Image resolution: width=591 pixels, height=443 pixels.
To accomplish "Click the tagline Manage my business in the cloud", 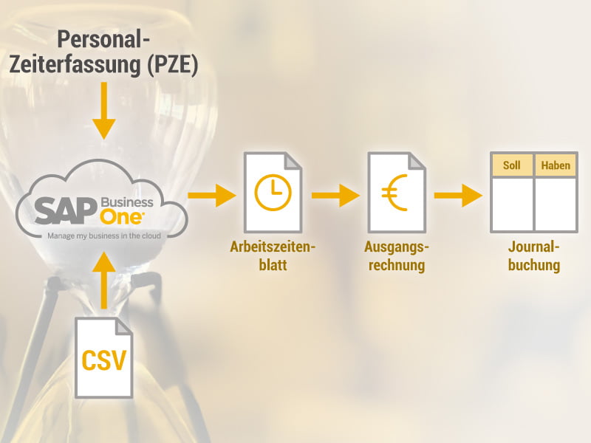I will (x=104, y=236).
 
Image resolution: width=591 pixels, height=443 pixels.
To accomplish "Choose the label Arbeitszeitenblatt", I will (x=272, y=255).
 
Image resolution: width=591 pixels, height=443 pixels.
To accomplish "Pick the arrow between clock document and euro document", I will (x=335, y=196).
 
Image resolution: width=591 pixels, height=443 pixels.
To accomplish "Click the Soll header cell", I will (x=512, y=165).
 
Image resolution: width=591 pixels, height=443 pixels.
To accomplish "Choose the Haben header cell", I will (x=556, y=165).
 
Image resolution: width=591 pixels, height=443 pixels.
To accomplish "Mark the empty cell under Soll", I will (x=512, y=203).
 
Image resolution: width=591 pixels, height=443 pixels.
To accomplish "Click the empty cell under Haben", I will (x=556, y=203).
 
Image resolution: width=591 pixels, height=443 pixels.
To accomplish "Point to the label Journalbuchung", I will (x=533, y=255).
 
